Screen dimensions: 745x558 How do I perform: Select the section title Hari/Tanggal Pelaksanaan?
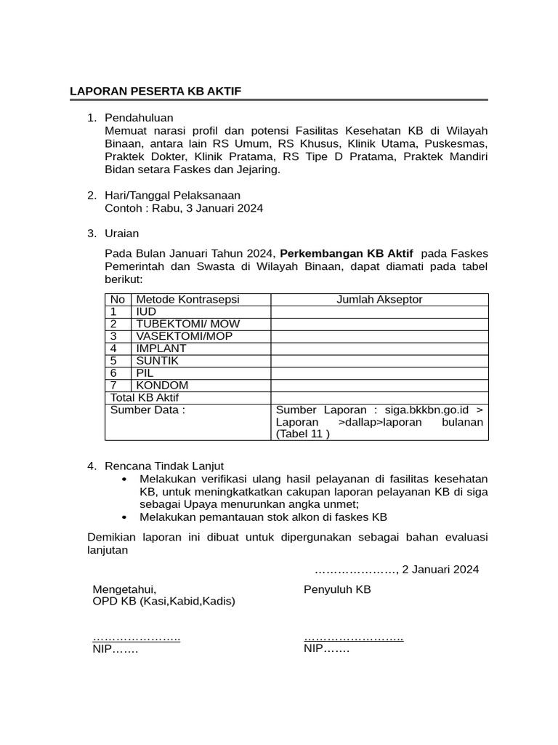coord(172,195)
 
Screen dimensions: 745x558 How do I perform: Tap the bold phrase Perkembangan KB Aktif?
coord(346,253)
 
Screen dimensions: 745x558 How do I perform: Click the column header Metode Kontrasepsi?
coord(187,300)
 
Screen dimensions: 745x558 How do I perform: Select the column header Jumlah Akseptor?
coord(379,300)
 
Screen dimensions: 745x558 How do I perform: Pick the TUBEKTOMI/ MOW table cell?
coord(187,324)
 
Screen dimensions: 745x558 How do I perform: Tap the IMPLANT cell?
coord(161,348)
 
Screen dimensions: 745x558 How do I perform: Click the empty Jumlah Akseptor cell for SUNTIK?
coord(379,361)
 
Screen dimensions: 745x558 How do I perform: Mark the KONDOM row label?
coord(162,386)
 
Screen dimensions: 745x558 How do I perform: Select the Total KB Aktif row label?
coord(144,398)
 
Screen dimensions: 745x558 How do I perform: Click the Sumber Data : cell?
coord(147,410)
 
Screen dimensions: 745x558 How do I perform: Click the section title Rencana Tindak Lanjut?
coord(164,466)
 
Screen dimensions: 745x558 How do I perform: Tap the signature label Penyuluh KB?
coord(337,589)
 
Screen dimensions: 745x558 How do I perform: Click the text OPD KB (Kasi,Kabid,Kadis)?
coord(163,602)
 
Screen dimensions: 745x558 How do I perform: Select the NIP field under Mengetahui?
coord(115,649)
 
